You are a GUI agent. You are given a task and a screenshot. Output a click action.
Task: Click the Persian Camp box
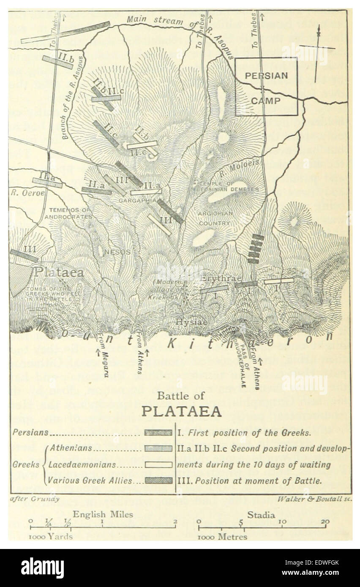click(x=266, y=87)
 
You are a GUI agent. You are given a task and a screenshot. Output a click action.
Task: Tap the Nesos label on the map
click(x=118, y=252)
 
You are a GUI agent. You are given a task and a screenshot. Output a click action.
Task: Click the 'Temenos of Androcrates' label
click(x=70, y=213)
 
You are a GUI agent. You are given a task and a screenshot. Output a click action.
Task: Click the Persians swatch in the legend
click(x=158, y=432)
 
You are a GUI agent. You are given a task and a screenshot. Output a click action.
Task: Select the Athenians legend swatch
click(x=158, y=448)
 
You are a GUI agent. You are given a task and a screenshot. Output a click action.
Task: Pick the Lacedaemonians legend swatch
click(x=158, y=464)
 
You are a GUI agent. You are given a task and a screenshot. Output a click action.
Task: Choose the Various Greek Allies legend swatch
click(x=158, y=480)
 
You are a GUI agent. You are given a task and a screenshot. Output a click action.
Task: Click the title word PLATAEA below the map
click(x=181, y=411)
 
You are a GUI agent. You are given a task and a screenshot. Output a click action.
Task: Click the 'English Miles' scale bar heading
click(x=103, y=514)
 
